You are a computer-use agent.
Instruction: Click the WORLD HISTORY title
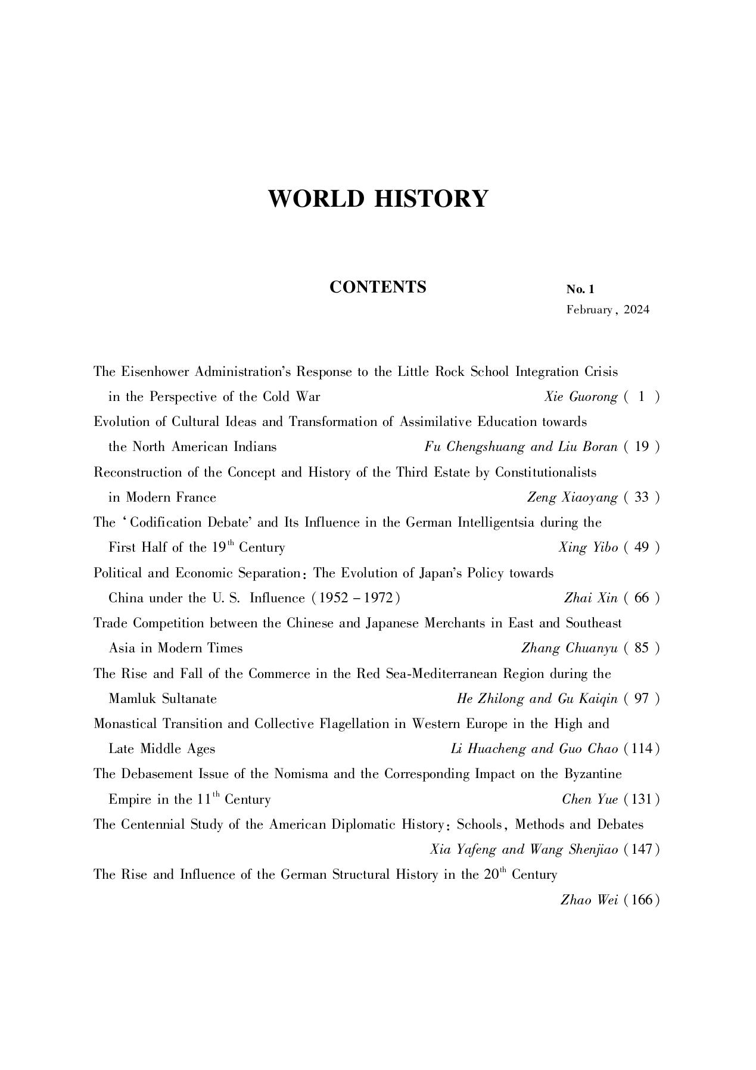[378, 198]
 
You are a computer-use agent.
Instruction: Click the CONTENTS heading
[378, 287]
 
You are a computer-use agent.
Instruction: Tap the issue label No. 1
[580, 290]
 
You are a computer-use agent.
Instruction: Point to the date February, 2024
[608, 310]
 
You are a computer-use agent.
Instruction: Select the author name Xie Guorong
[580, 397]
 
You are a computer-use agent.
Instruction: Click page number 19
[642, 447]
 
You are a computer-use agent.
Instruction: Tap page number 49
[642, 548]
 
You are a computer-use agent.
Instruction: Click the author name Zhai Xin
[590, 598]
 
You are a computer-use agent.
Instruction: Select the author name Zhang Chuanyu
[569, 648]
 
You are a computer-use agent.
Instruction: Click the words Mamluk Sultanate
[163, 699]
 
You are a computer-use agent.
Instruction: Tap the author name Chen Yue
[589, 800]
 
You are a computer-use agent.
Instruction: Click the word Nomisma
[301, 774]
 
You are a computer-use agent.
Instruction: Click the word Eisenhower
[156, 372]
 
